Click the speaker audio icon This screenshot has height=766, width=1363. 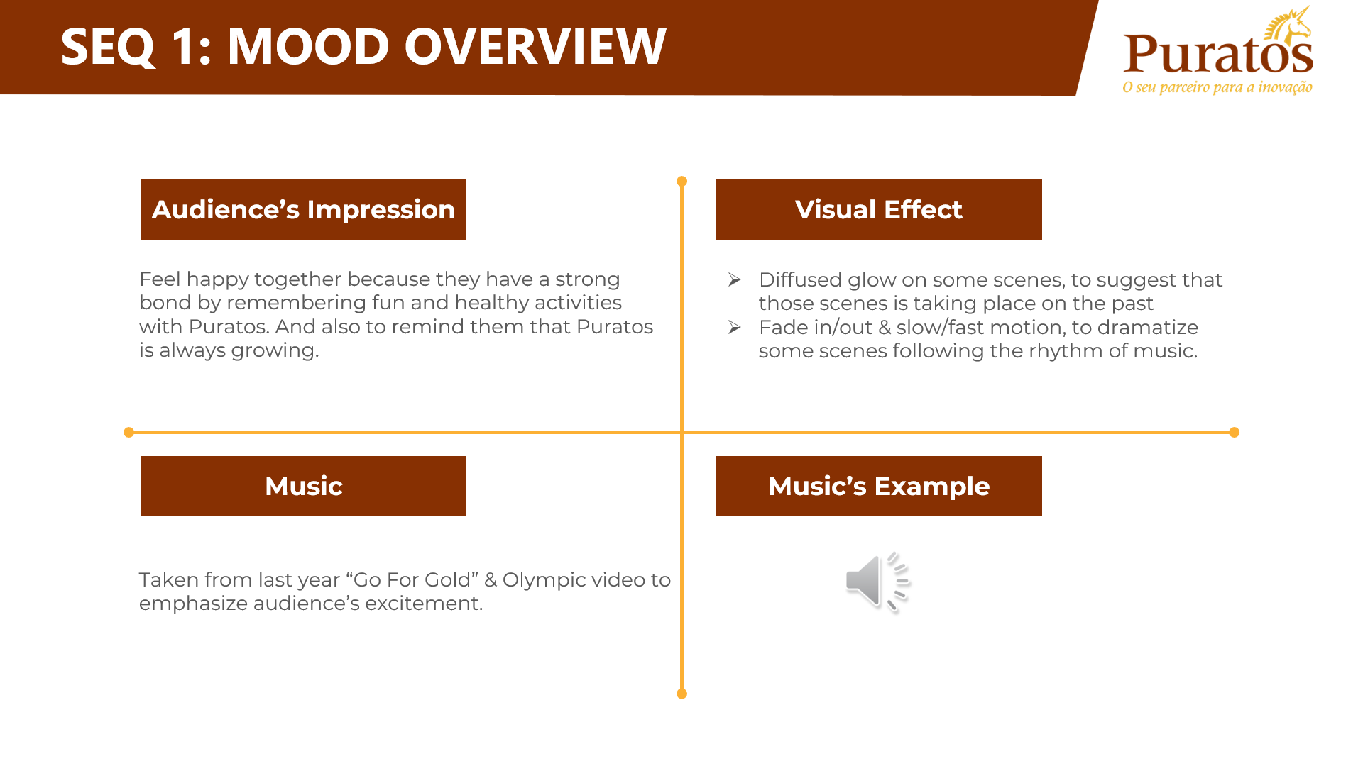click(x=877, y=582)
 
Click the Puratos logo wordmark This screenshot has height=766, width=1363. click(x=1218, y=54)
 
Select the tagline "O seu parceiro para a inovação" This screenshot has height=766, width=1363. click(x=1217, y=87)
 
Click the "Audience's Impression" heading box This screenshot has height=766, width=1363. click(x=304, y=209)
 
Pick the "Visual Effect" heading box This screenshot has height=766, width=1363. click(x=879, y=209)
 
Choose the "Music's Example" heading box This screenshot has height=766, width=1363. click(x=879, y=486)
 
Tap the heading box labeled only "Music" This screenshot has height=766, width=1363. click(x=304, y=486)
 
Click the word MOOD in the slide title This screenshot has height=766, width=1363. click(x=308, y=47)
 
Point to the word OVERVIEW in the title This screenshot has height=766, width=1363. click(x=535, y=47)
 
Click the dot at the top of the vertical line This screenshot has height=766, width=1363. click(x=681, y=182)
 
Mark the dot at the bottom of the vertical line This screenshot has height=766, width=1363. click(x=681, y=694)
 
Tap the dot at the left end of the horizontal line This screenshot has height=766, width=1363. click(x=128, y=432)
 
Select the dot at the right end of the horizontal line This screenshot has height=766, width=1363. click(x=1235, y=432)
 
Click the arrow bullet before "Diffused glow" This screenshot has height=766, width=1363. click(x=735, y=280)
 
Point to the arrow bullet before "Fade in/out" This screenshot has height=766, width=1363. click(x=735, y=327)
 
